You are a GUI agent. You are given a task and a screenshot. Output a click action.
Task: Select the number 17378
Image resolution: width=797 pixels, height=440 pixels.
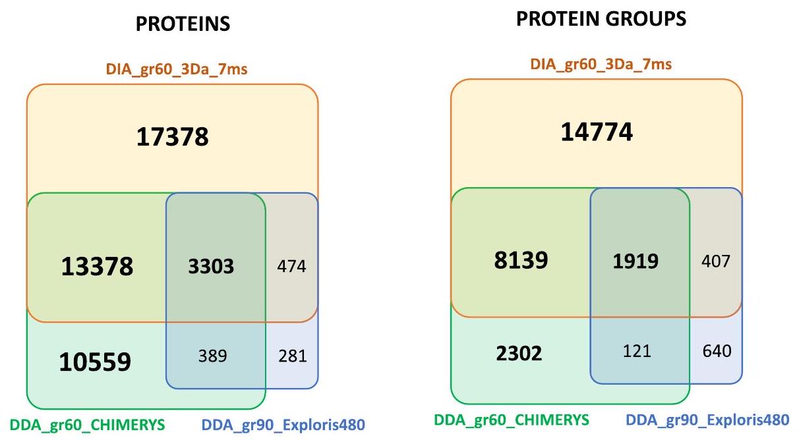click(x=173, y=137)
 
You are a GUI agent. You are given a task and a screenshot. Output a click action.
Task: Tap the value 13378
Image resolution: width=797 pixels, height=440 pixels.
click(x=98, y=266)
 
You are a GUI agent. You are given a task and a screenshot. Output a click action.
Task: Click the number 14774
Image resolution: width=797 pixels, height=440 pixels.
click(x=597, y=132)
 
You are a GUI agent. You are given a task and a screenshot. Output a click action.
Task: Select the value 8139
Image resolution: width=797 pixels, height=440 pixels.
click(x=521, y=261)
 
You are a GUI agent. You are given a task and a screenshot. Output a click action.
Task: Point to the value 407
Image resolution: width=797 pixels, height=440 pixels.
click(x=716, y=261)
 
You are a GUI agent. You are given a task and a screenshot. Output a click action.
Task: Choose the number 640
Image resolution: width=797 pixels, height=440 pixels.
click(x=716, y=351)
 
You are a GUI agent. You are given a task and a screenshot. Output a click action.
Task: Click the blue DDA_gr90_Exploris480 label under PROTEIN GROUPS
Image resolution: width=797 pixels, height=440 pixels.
click(x=706, y=420)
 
